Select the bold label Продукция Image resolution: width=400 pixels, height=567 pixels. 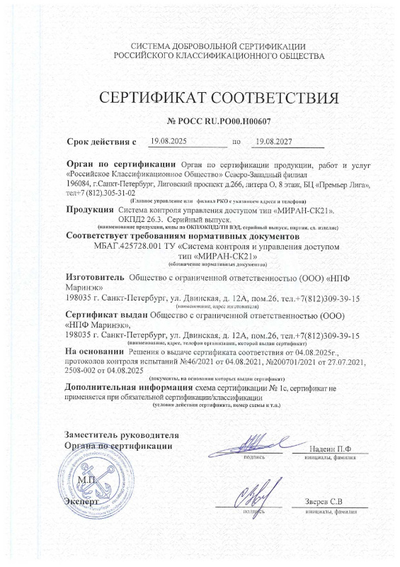[x=90, y=210]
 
